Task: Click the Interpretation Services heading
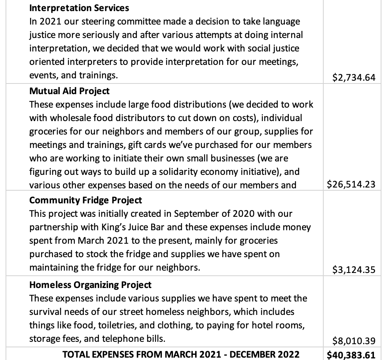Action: (79, 8)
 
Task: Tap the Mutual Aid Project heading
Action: (69, 91)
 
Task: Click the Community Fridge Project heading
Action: (85, 200)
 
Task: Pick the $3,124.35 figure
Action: (354, 270)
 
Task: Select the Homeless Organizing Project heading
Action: (90, 284)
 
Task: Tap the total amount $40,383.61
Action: (351, 355)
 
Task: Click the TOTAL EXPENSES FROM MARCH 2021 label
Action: (181, 354)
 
